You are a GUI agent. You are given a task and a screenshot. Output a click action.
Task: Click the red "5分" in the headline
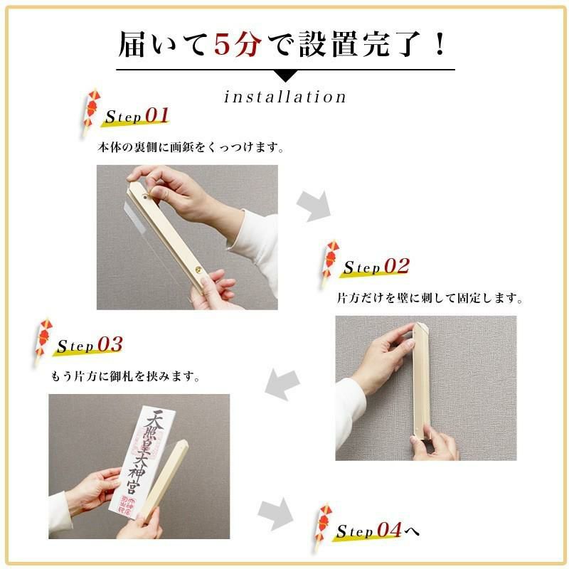click(x=238, y=44)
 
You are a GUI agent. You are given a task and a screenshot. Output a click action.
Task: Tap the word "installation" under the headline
click(x=285, y=97)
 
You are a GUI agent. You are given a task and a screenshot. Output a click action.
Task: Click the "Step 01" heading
click(x=137, y=116)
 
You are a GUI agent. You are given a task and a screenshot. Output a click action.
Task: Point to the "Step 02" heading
click(x=376, y=267)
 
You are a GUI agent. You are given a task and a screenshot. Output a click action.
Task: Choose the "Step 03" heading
click(x=90, y=345)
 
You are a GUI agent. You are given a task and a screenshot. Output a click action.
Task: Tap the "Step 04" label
click(x=369, y=530)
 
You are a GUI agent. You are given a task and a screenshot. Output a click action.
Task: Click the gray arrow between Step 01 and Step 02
click(x=314, y=206)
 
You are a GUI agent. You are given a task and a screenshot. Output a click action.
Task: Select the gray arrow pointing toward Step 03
click(x=282, y=385)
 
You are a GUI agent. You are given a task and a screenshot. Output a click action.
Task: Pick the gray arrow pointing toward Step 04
click(x=275, y=514)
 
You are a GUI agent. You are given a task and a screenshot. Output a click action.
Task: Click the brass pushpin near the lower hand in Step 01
click(x=198, y=270)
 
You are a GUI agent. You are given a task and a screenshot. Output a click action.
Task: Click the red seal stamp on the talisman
click(x=127, y=505)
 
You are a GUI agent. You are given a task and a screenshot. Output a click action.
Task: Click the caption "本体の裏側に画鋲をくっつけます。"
click(x=191, y=148)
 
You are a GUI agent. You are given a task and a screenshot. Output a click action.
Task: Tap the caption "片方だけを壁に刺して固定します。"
click(x=430, y=298)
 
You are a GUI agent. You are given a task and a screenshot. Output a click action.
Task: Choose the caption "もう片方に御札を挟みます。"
click(x=126, y=377)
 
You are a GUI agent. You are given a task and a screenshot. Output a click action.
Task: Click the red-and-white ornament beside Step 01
click(x=90, y=112)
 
